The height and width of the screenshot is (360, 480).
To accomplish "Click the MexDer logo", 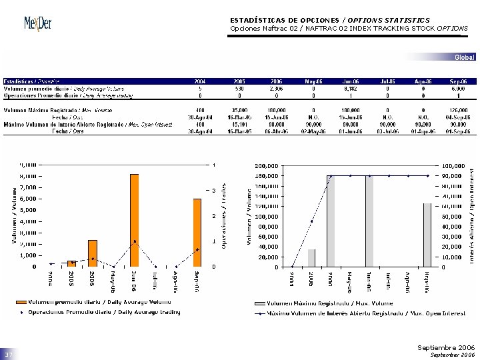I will coord(37,23).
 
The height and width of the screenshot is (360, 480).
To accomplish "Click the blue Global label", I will coord(464,57).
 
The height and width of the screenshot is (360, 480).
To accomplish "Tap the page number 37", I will coord(9,353).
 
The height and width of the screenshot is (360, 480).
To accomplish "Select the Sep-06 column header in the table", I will coord(458,81).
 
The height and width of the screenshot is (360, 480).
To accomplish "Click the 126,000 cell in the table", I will coord(457,110).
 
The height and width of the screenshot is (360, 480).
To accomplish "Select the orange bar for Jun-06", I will coord(134,220).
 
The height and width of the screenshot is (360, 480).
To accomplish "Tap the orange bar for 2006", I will coord(93,253).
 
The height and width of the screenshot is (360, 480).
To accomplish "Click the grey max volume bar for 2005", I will coord(312,258).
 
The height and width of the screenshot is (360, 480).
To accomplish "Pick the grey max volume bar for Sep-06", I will coord(427,235).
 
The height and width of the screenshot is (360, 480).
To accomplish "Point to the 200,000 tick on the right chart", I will coord(267,165).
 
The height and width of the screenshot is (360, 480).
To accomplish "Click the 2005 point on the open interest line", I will coord(312,221).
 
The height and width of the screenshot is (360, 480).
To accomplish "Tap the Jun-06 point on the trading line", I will coord(135,241).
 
